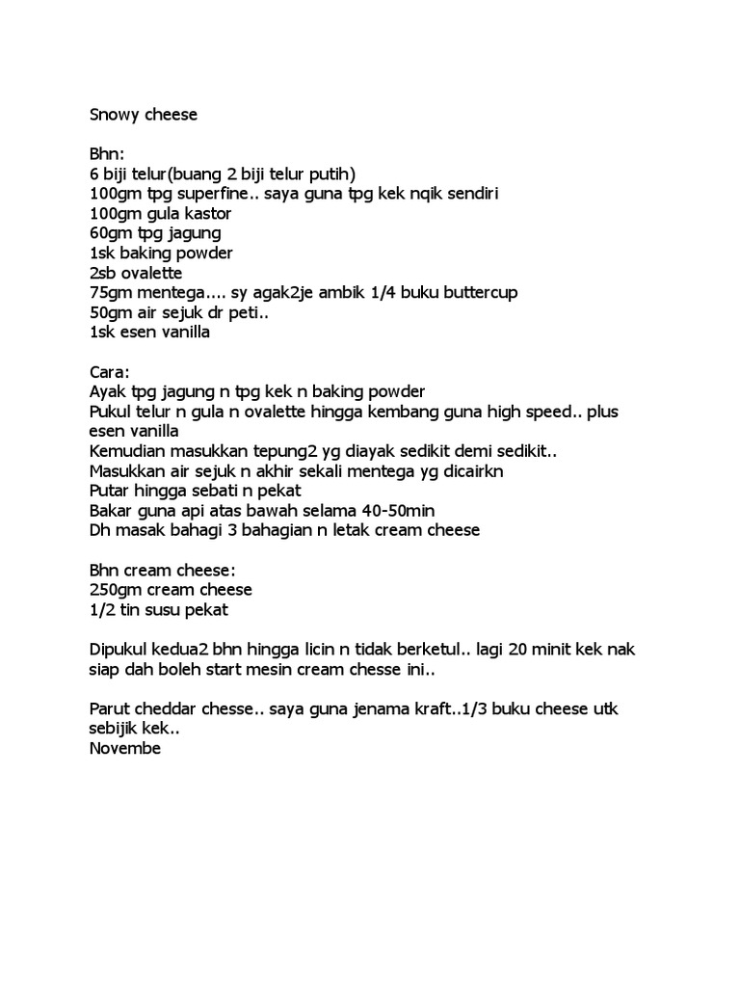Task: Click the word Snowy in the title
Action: (x=114, y=115)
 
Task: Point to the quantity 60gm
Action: (x=111, y=233)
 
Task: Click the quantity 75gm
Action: (x=111, y=293)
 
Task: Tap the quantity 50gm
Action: (x=111, y=313)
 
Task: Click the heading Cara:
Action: (x=109, y=372)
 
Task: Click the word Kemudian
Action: (x=128, y=452)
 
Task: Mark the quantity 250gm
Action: (x=116, y=590)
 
